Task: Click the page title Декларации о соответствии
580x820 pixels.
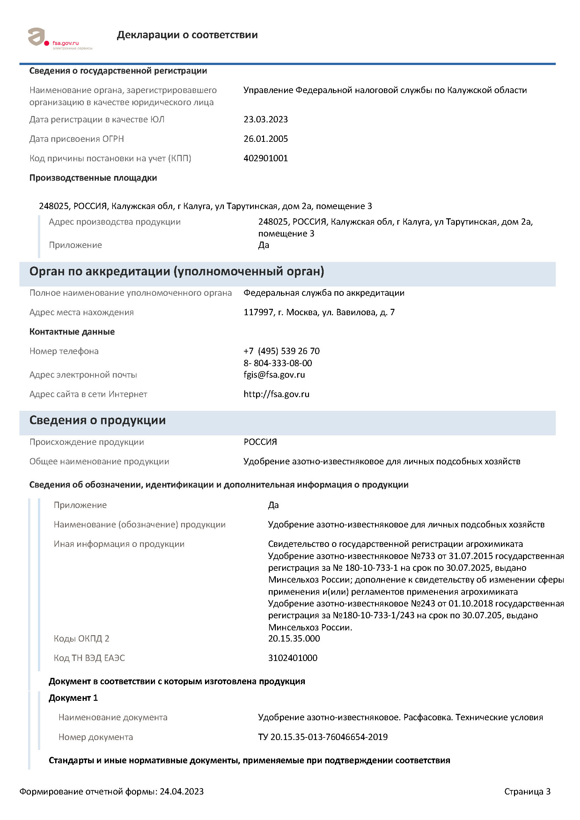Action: (187, 35)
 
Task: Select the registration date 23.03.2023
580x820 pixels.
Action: (266, 119)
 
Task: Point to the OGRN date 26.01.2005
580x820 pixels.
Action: (266, 139)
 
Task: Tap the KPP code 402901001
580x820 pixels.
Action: (266, 158)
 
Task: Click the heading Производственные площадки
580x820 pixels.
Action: (93, 178)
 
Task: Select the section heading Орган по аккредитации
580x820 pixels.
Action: (177, 272)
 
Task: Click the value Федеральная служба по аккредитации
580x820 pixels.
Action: (324, 293)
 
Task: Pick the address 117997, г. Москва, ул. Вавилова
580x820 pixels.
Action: (319, 313)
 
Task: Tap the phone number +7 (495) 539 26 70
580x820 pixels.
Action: (281, 351)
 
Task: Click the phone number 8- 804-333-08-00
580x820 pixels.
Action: (278, 363)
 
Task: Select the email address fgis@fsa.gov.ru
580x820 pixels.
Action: (274, 375)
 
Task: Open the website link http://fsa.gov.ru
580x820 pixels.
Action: (276, 394)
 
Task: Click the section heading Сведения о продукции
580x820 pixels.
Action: (97, 420)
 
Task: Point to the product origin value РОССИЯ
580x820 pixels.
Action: (260, 442)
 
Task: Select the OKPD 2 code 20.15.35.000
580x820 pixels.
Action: (294, 639)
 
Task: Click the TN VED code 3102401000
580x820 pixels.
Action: (292, 658)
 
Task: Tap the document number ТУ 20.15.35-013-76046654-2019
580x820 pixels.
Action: (323, 737)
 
